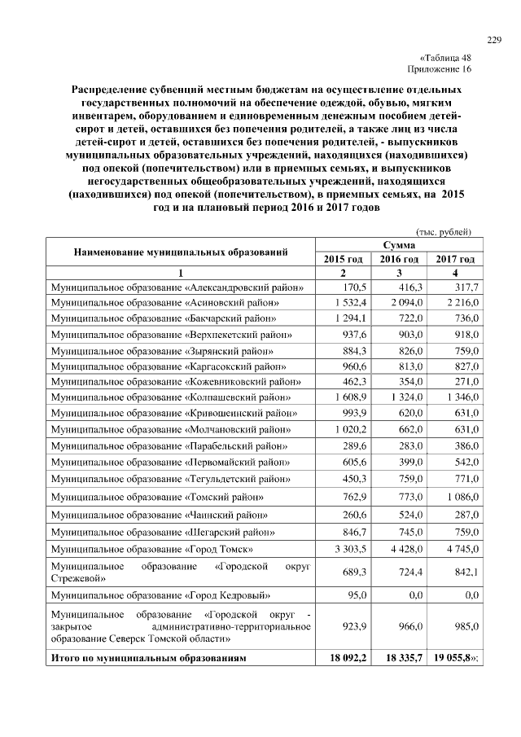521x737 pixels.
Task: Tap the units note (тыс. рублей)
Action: click(x=444, y=231)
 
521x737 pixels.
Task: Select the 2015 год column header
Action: click(x=343, y=258)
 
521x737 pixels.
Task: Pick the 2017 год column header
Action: click(x=456, y=258)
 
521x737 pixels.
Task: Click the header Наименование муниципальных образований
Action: click(x=181, y=251)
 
